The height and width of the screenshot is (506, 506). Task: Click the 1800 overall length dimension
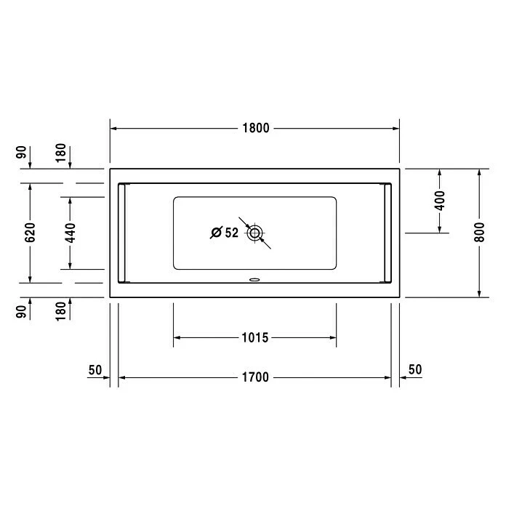(x=256, y=128)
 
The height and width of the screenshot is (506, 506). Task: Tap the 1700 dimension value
(x=255, y=377)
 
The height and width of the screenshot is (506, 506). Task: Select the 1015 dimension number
(x=255, y=337)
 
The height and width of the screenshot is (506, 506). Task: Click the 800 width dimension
(x=480, y=232)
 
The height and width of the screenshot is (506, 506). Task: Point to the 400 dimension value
(x=440, y=201)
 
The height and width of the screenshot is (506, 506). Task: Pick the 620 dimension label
(x=30, y=233)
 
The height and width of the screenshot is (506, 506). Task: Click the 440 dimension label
(x=70, y=233)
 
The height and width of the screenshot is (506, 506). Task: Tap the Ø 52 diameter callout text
(x=224, y=233)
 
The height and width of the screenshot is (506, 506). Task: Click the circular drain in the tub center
(x=254, y=233)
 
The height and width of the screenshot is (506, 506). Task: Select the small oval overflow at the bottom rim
(x=254, y=280)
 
